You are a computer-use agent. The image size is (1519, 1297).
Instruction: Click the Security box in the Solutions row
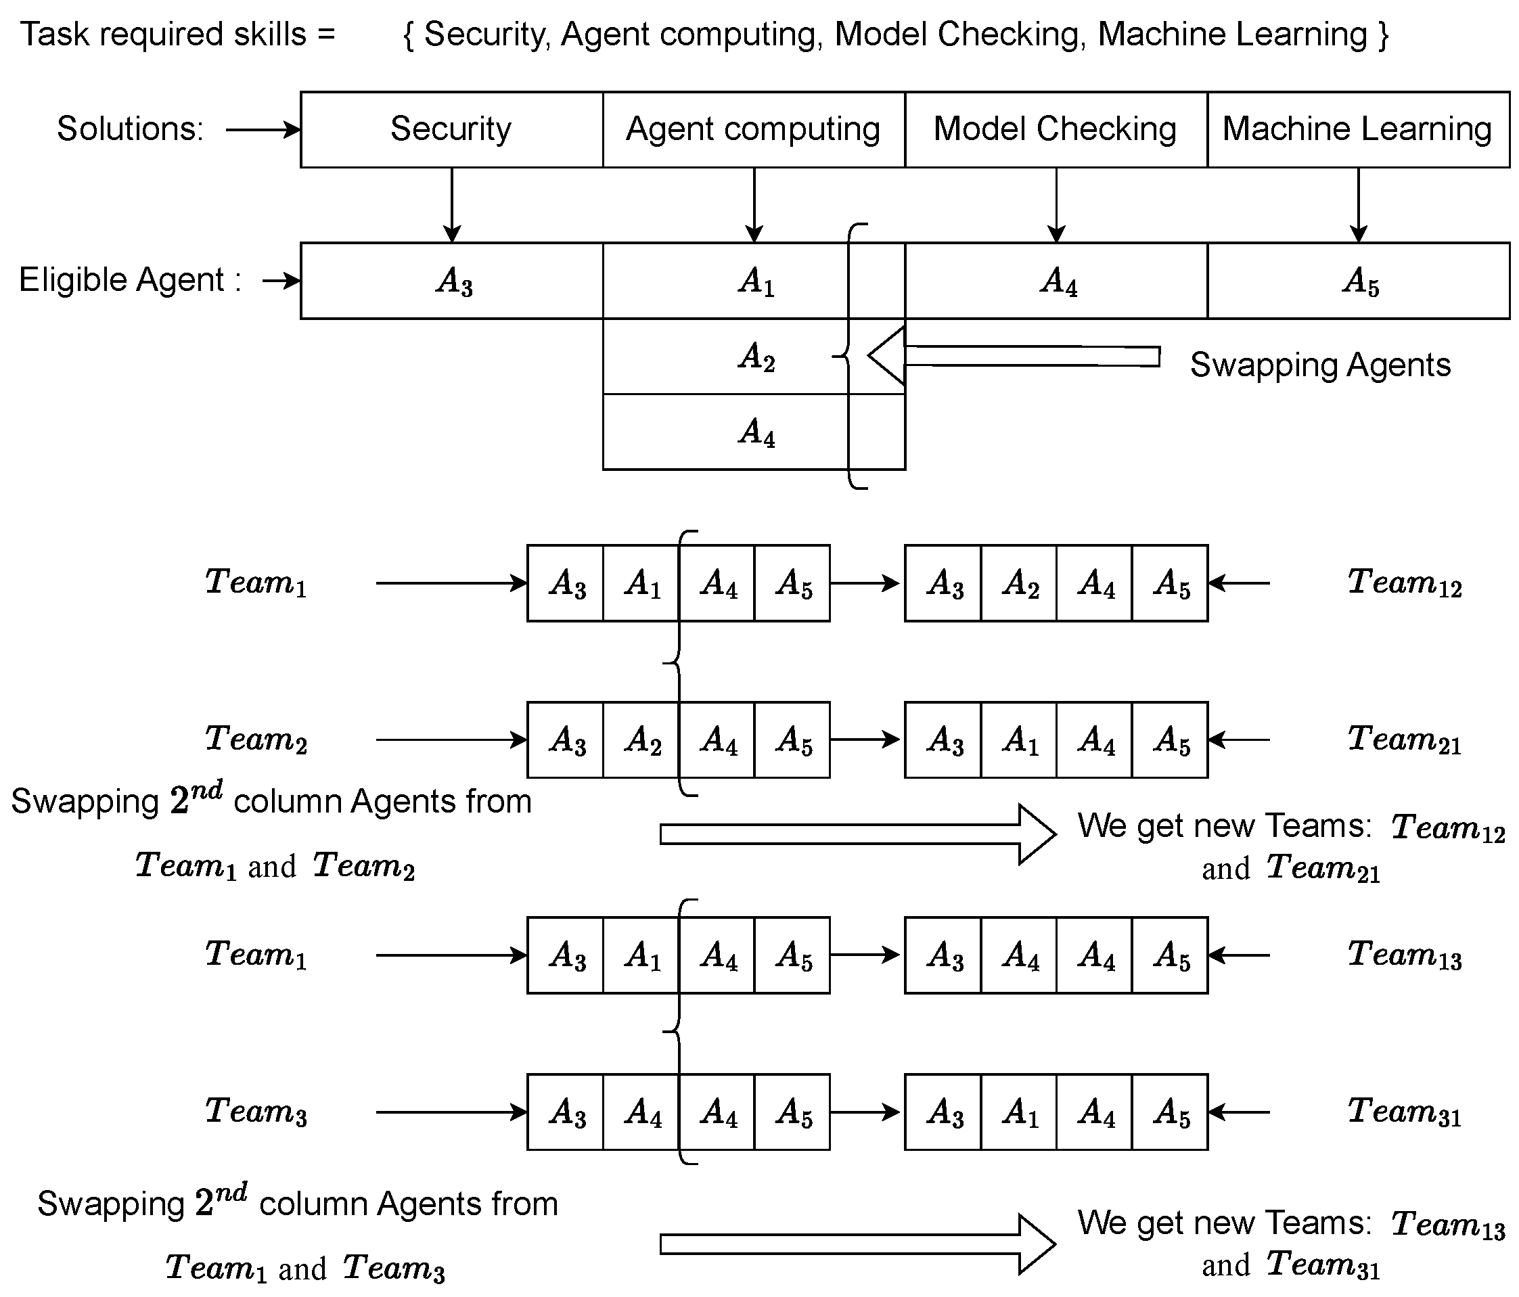click(x=451, y=130)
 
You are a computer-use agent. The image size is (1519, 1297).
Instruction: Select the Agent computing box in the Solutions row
click(x=754, y=130)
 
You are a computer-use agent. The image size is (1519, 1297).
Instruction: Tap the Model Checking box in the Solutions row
click(x=1056, y=130)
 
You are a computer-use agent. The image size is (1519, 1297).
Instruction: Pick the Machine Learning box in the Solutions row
click(x=1358, y=130)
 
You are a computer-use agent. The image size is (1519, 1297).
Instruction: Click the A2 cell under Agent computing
click(x=755, y=357)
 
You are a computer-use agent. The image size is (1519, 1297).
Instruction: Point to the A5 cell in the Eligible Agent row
click(x=1359, y=281)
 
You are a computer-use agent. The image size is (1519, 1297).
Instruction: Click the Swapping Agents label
click(x=1319, y=365)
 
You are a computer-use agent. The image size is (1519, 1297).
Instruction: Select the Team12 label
click(x=1404, y=583)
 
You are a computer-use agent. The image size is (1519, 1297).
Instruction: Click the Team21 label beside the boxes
click(x=1404, y=739)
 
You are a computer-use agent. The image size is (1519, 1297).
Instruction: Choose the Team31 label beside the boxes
click(x=1404, y=1112)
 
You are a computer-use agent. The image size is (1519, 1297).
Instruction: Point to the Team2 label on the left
click(x=256, y=739)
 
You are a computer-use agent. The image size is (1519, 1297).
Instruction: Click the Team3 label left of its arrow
click(x=256, y=1112)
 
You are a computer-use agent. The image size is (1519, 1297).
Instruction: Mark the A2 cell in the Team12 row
click(x=1019, y=584)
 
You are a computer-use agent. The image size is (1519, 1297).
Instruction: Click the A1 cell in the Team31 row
click(x=1019, y=1112)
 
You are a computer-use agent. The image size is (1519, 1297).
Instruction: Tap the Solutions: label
click(x=130, y=129)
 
